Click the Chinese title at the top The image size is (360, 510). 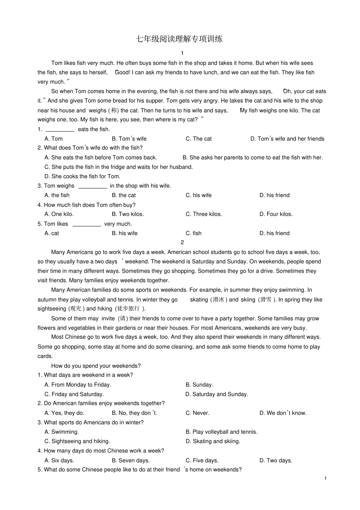pos(179,39)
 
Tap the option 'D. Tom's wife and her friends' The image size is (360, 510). pos(287,139)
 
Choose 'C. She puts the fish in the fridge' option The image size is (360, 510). pos(119,167)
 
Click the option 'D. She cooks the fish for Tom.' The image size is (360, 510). pos(82,176)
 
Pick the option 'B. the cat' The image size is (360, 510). pos(124,195)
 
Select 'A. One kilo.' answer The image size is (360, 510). pos(59,214)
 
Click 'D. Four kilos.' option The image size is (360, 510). pos(276,214)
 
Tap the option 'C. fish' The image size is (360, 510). pos(194,233)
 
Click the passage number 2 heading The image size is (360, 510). pos(182,242)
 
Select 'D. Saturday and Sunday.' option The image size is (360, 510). pos(217,394)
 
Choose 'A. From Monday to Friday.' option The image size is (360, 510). pos(78,385)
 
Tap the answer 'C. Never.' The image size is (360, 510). pos(197,413)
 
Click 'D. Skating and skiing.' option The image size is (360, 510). pos(213,441)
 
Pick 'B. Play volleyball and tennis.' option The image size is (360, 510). pos(221,432)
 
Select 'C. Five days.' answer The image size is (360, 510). pos(202,460)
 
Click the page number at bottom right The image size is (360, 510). pos(326,479)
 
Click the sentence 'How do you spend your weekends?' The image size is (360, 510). pos(96,366)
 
